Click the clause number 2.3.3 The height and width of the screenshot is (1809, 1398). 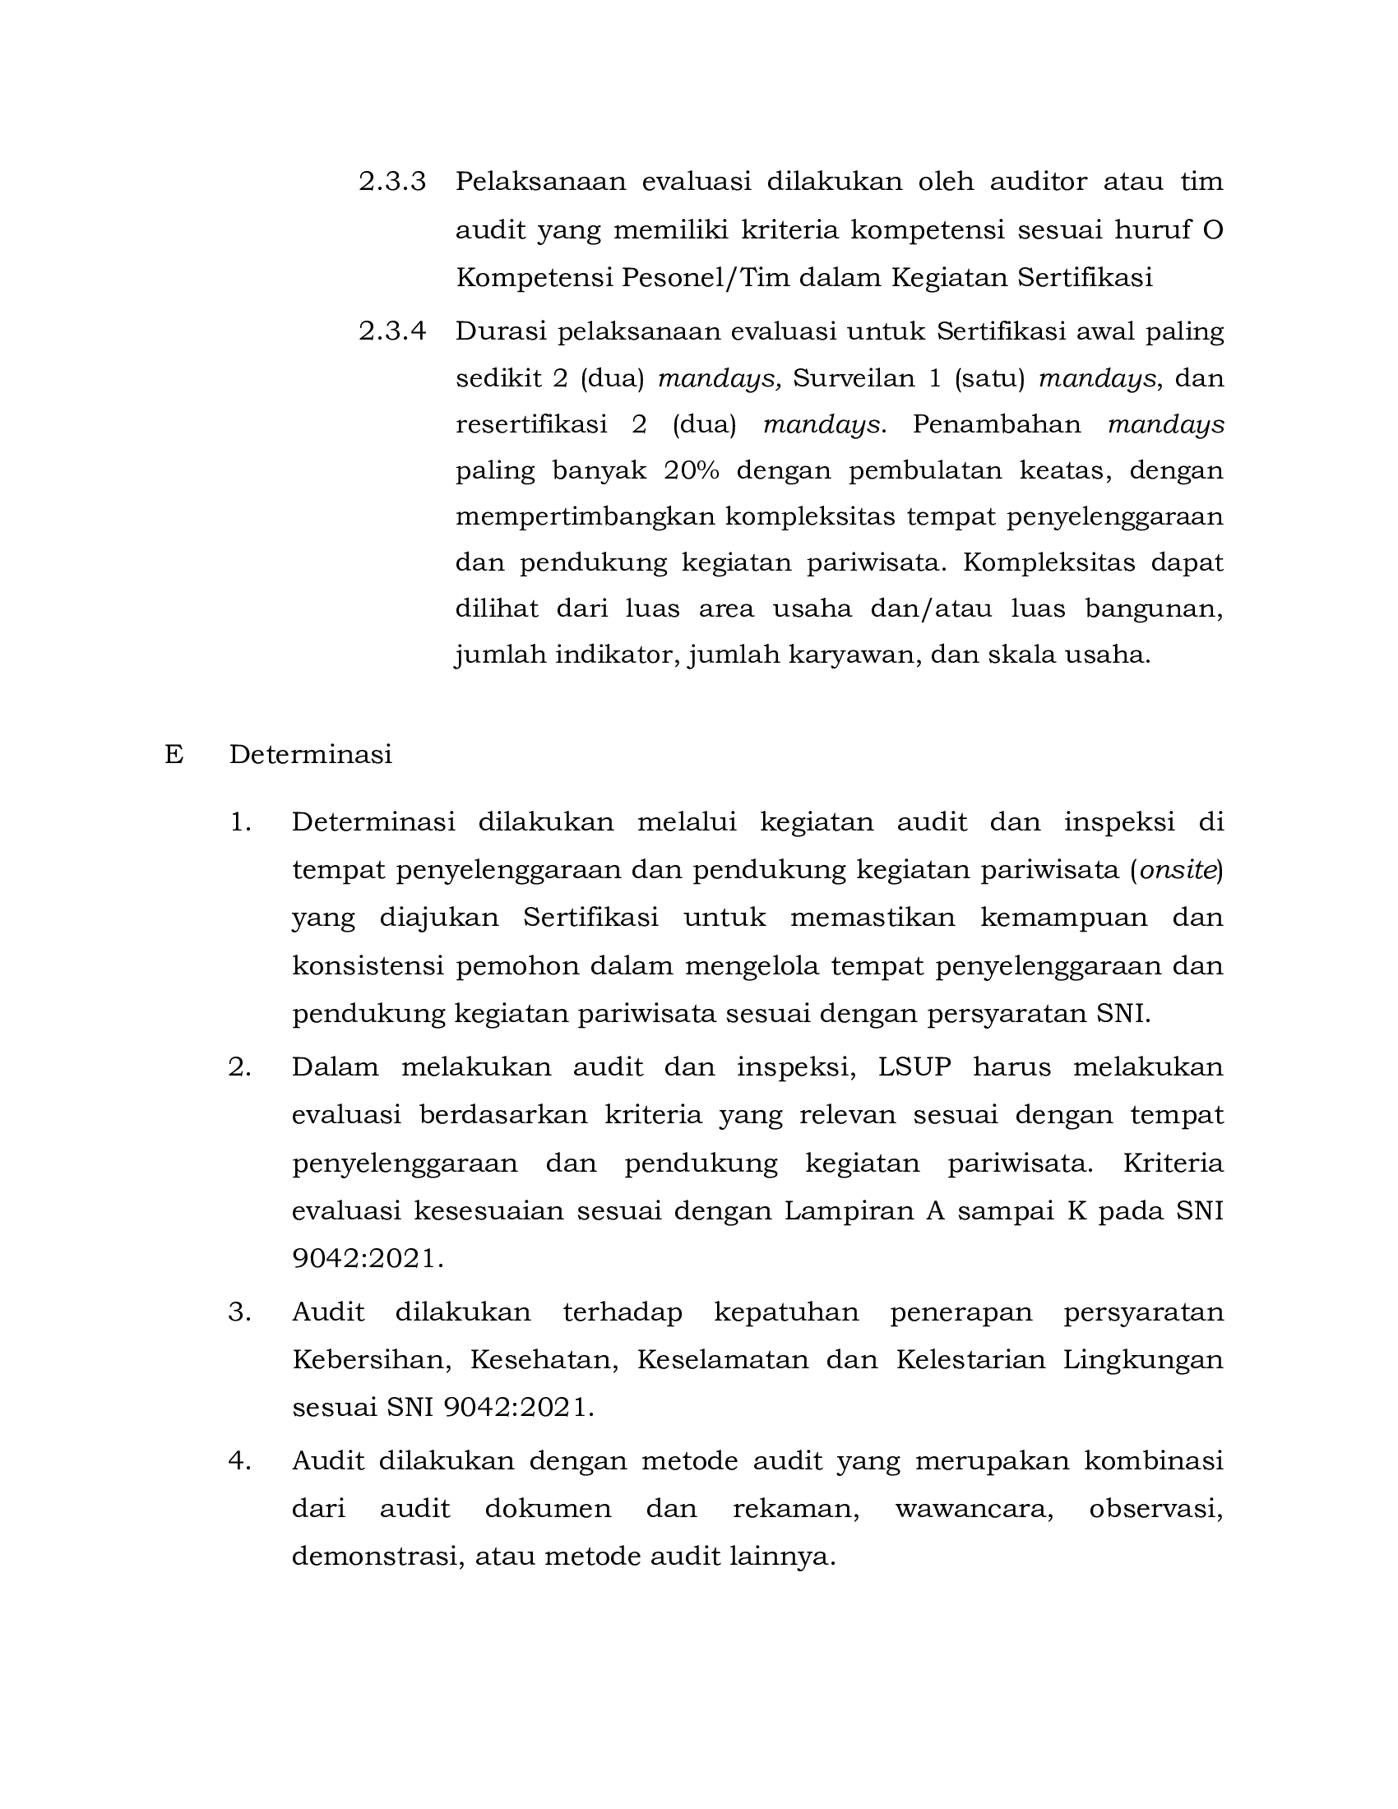pyautogui.click(x=391, y=182)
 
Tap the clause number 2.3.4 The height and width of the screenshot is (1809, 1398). pyautogui.click(x=391, y=331)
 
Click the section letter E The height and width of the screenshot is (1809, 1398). pyautogui.click(x=173, y=755)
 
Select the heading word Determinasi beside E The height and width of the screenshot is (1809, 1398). pyautogui.click(x=311, y=755)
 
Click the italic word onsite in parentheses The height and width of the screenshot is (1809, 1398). pyautogui.click(x=1177, y=870)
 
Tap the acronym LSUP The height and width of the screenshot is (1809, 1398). pyautogui.click(x=914, y=1066)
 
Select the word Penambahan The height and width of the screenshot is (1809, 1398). pyautogui.click(x=997, y=424)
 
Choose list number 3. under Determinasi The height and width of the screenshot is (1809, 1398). pyautogui.click(x=239, y=1312)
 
